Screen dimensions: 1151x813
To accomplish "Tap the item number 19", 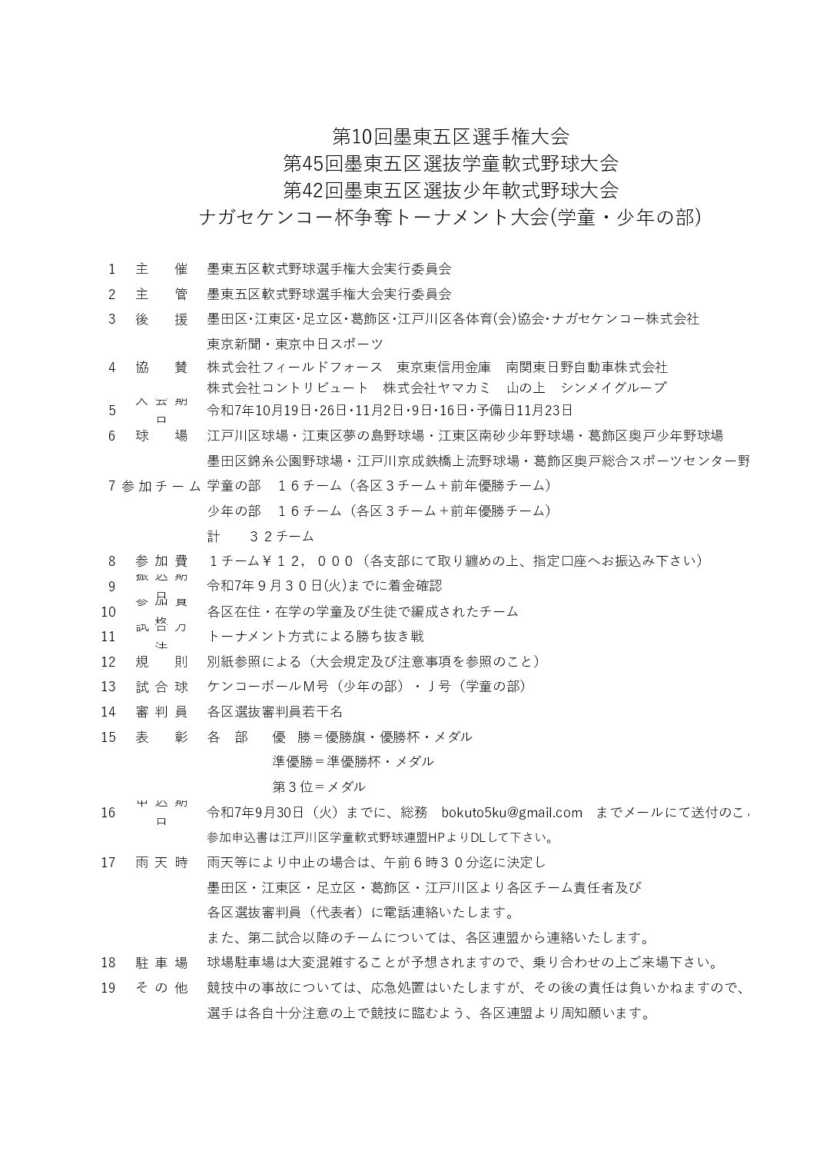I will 108,988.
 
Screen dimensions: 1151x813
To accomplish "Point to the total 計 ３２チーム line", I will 260,536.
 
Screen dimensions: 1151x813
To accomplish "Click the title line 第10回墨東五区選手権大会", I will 450,137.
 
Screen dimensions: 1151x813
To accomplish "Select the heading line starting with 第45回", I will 450,163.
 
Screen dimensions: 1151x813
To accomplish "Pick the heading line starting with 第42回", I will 450,189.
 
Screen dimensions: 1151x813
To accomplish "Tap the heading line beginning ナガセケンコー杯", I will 450,217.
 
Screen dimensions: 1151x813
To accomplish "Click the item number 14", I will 108,712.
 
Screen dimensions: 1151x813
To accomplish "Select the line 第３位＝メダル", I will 319,787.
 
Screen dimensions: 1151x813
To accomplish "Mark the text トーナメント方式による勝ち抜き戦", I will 316,637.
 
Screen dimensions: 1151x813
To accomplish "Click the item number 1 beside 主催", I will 111,269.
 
